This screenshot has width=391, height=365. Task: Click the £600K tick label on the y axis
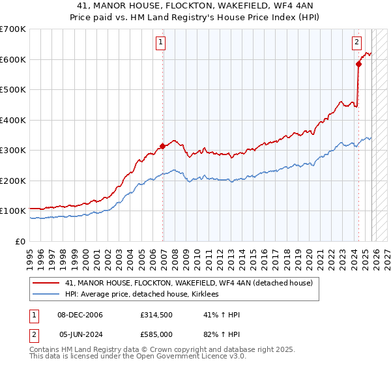coord(13,59)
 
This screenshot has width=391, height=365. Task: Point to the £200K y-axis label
coord(13,181)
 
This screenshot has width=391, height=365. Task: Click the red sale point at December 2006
coord(162,146)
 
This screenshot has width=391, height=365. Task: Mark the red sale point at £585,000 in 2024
coord(358,64)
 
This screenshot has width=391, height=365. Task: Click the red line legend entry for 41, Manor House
coord(189,284)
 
